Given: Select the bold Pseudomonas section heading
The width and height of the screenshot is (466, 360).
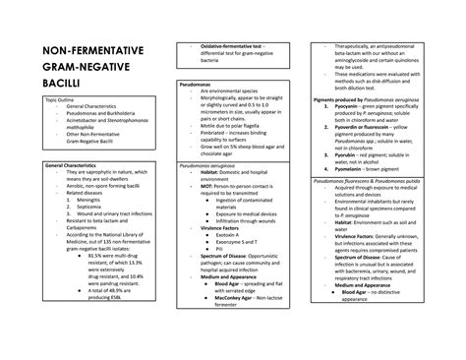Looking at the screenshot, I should [199, 87].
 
